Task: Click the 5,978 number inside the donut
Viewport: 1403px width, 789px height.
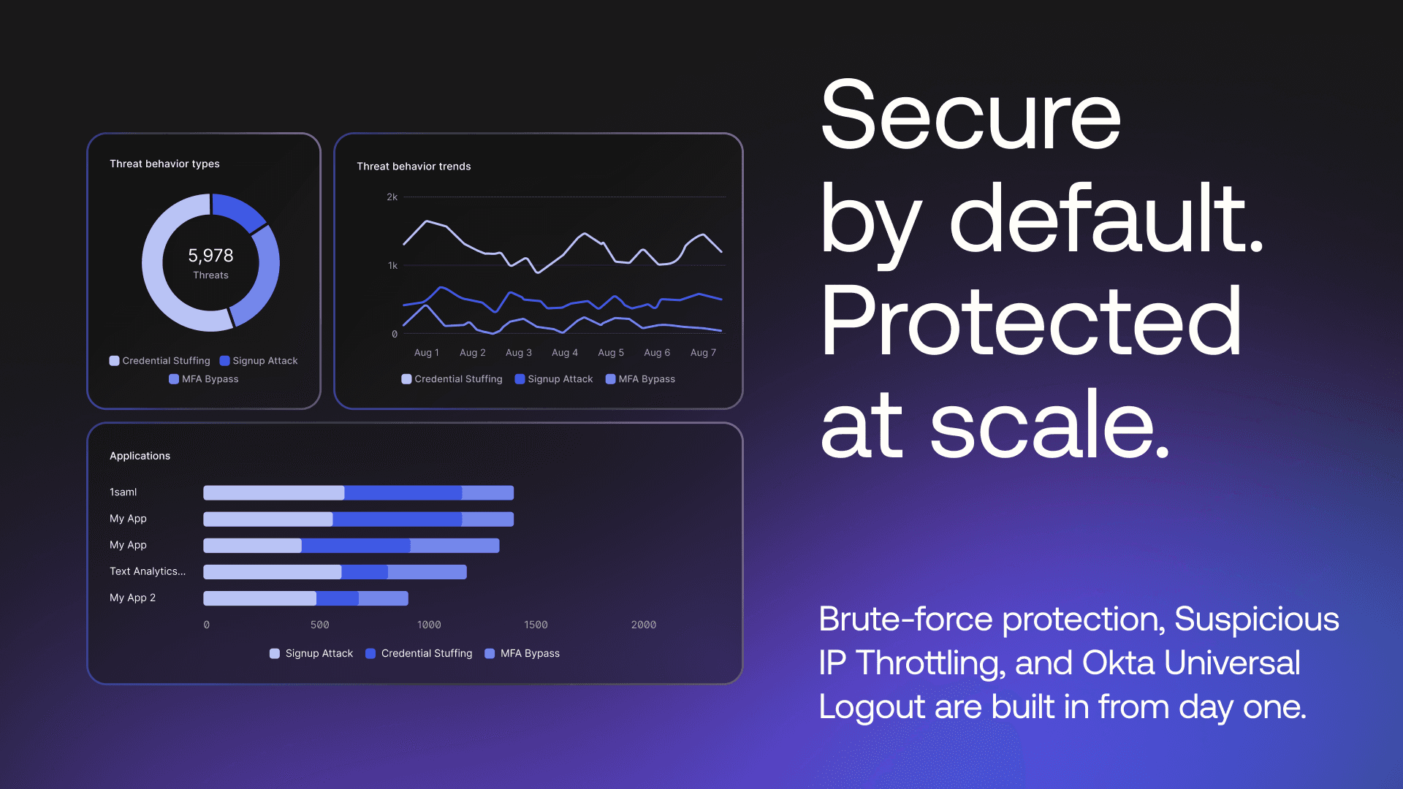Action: tap(210, 255)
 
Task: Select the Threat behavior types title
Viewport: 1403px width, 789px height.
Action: tap(164, 164)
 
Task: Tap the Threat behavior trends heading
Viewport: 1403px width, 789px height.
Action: tap(414, 167)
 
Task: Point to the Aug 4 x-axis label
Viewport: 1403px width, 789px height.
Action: tap(565, 353)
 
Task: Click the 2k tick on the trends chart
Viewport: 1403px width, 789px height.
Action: tap(392, 197)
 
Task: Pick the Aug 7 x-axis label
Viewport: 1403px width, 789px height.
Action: tap(703, 353)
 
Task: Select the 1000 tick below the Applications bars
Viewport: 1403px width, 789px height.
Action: tap(429, 625)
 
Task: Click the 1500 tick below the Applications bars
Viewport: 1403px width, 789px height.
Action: tap(536, 625)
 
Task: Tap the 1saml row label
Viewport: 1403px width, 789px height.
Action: tap(123, 492)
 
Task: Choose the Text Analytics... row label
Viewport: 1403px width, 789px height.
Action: tap(148, 571)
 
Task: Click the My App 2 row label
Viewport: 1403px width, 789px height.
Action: tap(132, 598)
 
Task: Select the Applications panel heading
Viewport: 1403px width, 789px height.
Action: tap(140, 456)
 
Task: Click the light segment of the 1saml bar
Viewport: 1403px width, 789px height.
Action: tap(274, 492)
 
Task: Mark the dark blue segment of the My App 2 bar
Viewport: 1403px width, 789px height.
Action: tap(338, 598)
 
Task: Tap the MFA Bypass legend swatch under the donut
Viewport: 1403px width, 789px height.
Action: tap(174, 379)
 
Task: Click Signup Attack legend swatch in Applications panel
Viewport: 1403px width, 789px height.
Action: tap(275, 654)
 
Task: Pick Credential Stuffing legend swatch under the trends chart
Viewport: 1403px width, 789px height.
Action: tap(406, 379)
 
